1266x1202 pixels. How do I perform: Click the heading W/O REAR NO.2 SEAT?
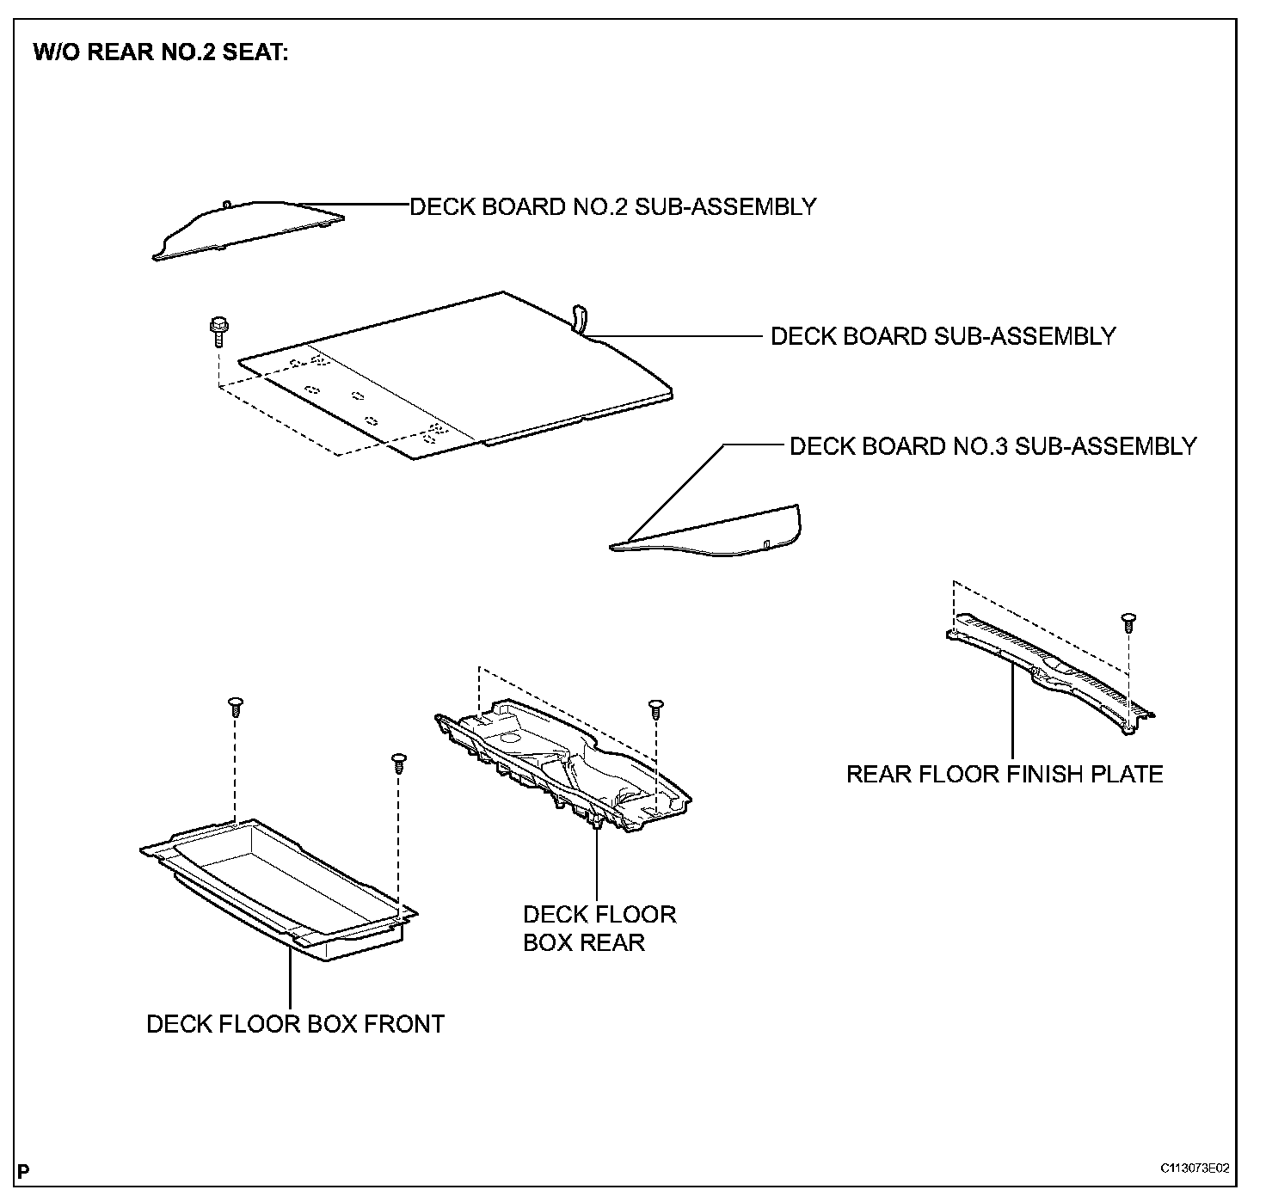161,52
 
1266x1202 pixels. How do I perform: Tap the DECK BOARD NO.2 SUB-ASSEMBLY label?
612,207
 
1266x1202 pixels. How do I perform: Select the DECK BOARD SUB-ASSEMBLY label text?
943,336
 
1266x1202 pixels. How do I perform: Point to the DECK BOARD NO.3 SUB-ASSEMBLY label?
993,446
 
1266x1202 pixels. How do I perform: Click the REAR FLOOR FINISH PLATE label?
1005,774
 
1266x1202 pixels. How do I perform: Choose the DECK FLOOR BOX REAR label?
599,928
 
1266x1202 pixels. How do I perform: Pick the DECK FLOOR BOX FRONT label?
295,1024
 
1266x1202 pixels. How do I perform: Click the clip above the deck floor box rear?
655,708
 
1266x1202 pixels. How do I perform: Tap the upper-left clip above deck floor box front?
234,706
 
